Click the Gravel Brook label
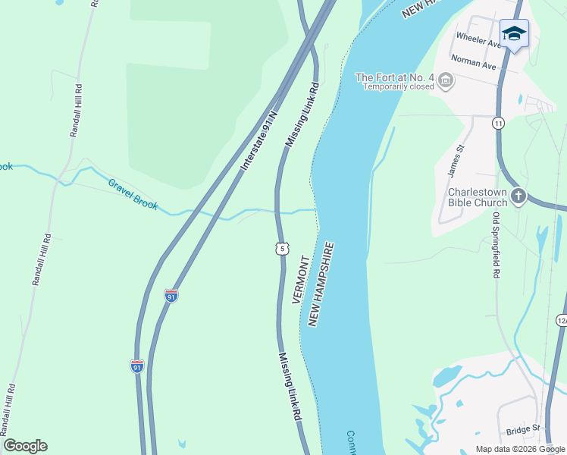(133, 194)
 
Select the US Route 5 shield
(282, 248)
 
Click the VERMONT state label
(301, 280)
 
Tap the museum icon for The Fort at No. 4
(446, 79)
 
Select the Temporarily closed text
(398, 86)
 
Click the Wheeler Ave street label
(476, 39)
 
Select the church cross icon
(518, 197)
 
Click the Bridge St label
(522, 429)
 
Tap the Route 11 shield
(498, 123)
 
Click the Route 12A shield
(562, 322)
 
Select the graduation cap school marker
(514, 33)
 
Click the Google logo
(25, 446)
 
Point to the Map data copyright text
(521, 449)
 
